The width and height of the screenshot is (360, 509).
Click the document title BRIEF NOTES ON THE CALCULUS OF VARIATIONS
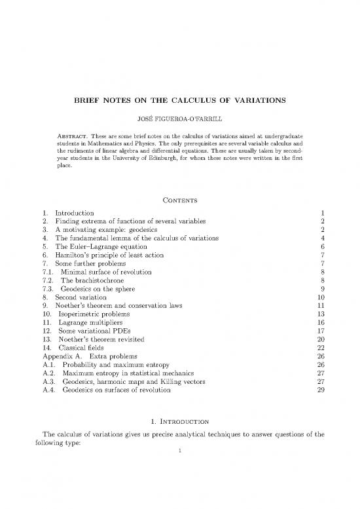tap(179, 103)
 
